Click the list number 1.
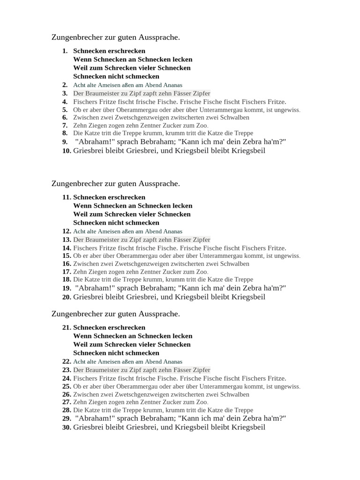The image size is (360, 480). pos(65,51)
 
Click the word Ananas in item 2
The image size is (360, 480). pos(172,85)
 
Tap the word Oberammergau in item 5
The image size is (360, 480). pos(126,110)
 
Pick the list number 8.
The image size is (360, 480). pos(65,133)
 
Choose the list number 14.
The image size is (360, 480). pos(67,248)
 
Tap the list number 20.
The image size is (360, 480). pos(67,297)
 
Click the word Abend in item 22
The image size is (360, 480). pos(150,361)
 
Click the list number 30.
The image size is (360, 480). pos(67,427)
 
